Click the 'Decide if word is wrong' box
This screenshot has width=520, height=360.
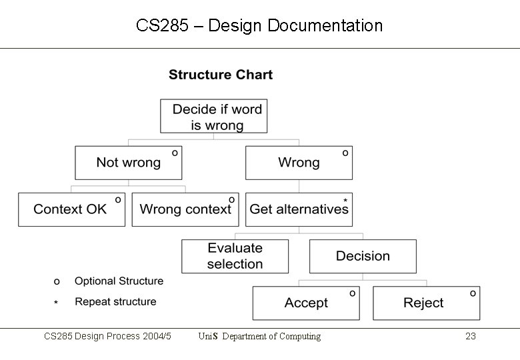click(213, 116)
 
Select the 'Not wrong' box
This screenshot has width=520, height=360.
click(128, 163)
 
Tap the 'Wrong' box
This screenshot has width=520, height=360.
click(299, 163)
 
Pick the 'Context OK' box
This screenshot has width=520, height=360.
click(71, 209)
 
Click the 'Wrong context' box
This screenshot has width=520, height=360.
click(185, 209)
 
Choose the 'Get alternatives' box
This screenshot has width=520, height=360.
click(299, 209)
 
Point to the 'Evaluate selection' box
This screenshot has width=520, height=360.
click(235, 256)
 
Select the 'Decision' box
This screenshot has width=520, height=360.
click(363, 256)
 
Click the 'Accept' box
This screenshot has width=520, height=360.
click(306, 303)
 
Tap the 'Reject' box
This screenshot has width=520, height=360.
click(425, 303)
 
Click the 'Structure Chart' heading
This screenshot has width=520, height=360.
click(221, 75)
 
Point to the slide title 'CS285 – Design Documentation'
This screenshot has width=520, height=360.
click(259, 26)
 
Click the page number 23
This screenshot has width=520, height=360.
click(470, 337)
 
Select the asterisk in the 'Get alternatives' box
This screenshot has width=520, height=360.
click(345, 200)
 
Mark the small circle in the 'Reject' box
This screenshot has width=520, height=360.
click(473, 293)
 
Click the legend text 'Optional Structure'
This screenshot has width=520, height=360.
click(119, 281)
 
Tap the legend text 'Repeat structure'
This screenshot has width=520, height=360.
click(115, 302)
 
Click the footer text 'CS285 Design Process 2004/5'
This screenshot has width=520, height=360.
click(107, 337)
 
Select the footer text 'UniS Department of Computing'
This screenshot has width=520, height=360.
click(259, 337)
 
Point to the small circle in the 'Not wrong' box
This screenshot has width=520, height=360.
click(175, 153)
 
